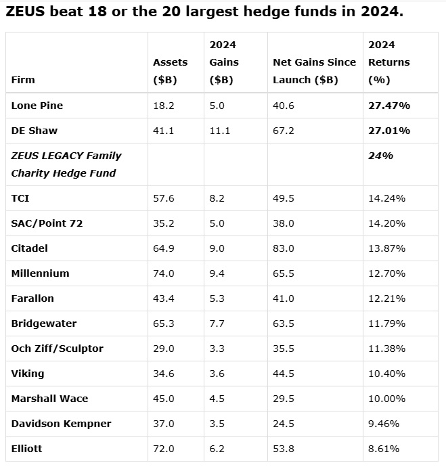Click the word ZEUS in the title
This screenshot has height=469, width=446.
[25, 12]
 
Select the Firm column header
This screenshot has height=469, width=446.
[23, 80]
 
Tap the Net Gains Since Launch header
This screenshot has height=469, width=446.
[315, 71]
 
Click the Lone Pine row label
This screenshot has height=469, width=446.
[37, 106]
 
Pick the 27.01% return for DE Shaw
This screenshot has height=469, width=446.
[389, 131]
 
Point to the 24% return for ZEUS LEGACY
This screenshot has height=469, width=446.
[380, 156]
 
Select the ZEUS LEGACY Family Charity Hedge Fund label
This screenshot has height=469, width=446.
[66, 164]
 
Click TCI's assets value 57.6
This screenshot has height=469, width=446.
[163, 198]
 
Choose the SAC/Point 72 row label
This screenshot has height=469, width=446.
[47, 223]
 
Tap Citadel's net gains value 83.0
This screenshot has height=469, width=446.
[284, 248]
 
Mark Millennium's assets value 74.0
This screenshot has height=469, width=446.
[163, 273]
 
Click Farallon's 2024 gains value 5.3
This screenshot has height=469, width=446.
[217, 298]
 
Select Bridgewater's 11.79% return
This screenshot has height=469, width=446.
[386, 323]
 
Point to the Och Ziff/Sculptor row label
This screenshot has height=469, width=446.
[57, 349]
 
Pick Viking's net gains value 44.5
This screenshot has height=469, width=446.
[284, 374]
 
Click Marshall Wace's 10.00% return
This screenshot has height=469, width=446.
[386, 399]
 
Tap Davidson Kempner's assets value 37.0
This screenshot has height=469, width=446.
[163, 424]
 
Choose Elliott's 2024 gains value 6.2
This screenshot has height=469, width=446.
[217, 449]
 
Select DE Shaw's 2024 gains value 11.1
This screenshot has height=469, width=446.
[219, 131]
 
